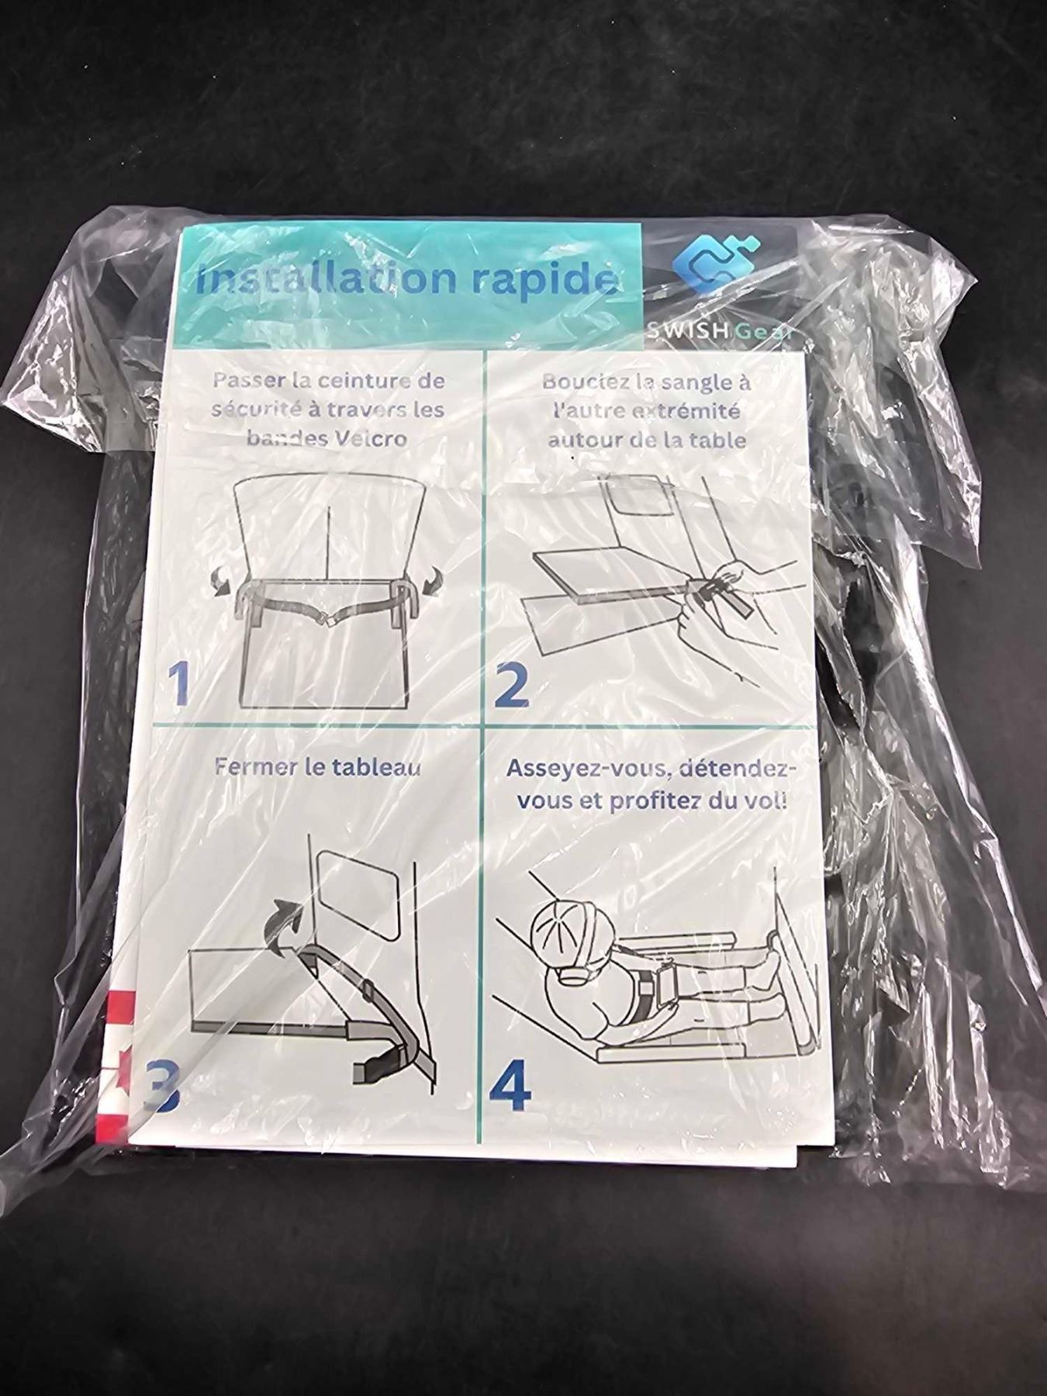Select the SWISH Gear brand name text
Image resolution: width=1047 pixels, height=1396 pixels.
click(x=717, y=331)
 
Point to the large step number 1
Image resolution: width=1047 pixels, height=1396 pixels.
click(x=180, y=683)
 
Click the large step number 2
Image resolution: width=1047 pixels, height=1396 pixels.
click(x=513, y=683)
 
